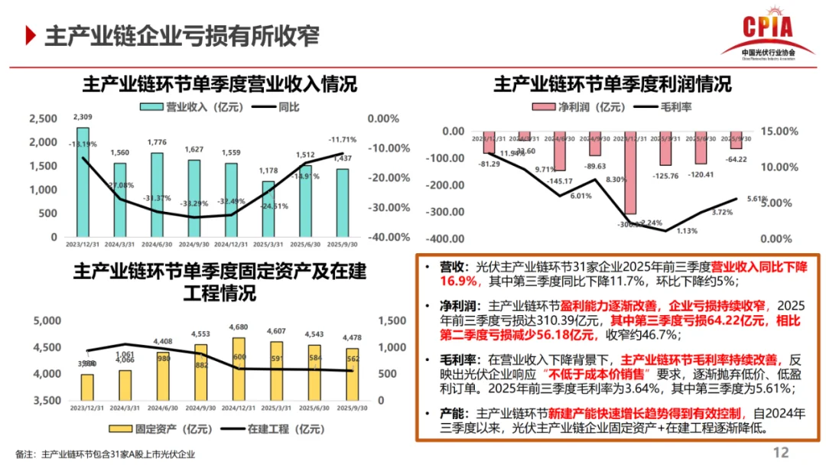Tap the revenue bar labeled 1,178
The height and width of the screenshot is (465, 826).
tap(268, 209)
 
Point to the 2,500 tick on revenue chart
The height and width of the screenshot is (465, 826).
tap(44, 119)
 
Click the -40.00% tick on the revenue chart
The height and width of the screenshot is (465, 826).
tap(387, 237)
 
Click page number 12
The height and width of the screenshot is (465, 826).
tap(781, 452)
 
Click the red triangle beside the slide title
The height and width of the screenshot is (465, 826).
tap(31, 35)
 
